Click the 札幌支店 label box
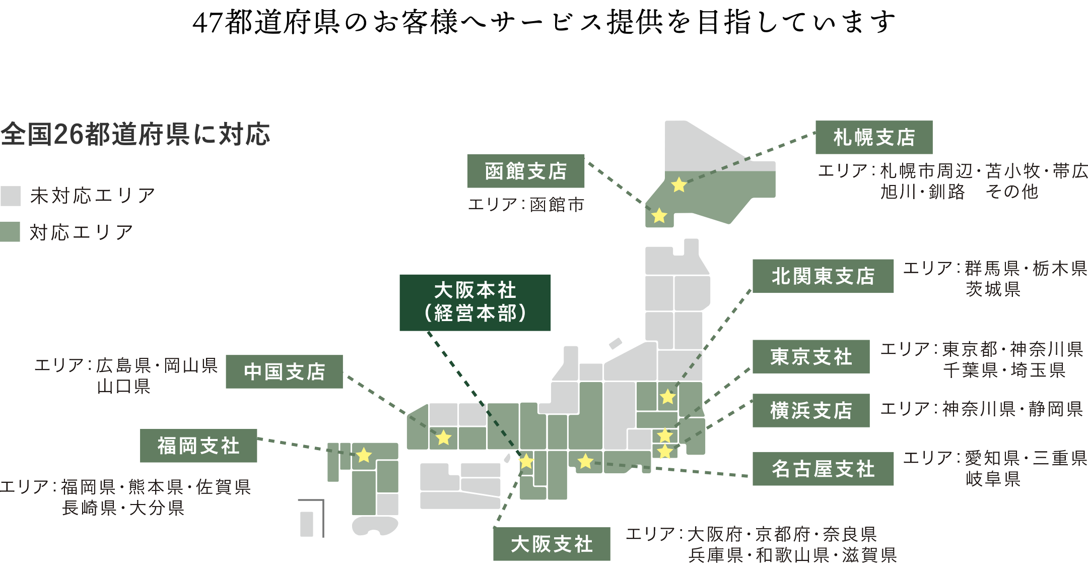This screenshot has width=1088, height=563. coord(873,137)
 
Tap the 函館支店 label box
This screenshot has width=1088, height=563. coord(525,171)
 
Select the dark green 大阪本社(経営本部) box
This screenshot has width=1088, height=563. coord(474,302)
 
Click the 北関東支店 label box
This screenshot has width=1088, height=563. coord(823,276)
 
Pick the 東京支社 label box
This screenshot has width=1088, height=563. coord(810,357)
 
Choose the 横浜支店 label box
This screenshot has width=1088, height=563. coord(810,411)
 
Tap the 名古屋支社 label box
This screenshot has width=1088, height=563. coord(823,469)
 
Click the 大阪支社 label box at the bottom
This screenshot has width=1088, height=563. coord(551,544)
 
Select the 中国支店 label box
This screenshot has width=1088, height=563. coord(284,372)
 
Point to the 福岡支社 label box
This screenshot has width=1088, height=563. coord(198,446)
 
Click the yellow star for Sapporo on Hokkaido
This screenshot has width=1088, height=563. coord(679,185)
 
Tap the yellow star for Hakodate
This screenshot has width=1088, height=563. coord(659,216)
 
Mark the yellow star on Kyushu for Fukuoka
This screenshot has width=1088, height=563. coord(364,455)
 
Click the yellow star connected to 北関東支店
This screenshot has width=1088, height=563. coord(667,397)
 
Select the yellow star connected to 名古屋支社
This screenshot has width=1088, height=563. coord(585,461)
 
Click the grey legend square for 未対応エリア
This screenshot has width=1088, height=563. coord(10,196)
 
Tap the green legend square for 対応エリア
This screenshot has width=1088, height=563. coord(10,232)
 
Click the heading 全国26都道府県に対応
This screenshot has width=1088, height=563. coord(135,135)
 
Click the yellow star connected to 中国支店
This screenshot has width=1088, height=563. coord(443,437)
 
